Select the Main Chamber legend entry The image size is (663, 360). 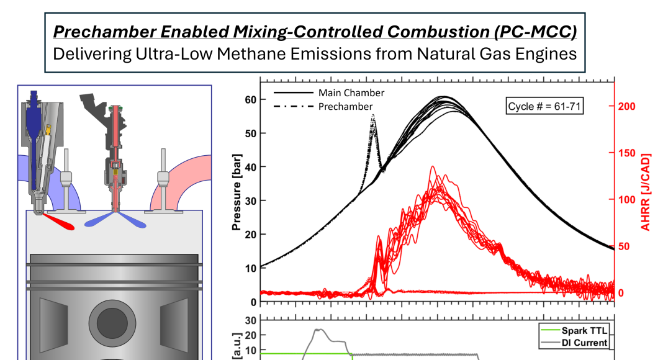[x=351, y=92]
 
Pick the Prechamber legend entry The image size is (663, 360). [x=346, y=107]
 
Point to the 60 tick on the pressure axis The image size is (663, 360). [x=250, y=100]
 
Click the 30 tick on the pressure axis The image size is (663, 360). [x=250, y=200]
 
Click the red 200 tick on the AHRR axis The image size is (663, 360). [x=626, y=106]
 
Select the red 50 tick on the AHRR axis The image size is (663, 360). [x=624, y=246]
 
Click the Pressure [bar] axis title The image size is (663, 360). [x=236, y=192]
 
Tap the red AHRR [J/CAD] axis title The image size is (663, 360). [x=646, y=192]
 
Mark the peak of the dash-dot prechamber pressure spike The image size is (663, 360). [x=373, y=115]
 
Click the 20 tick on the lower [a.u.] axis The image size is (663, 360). [x=250, y=335]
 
